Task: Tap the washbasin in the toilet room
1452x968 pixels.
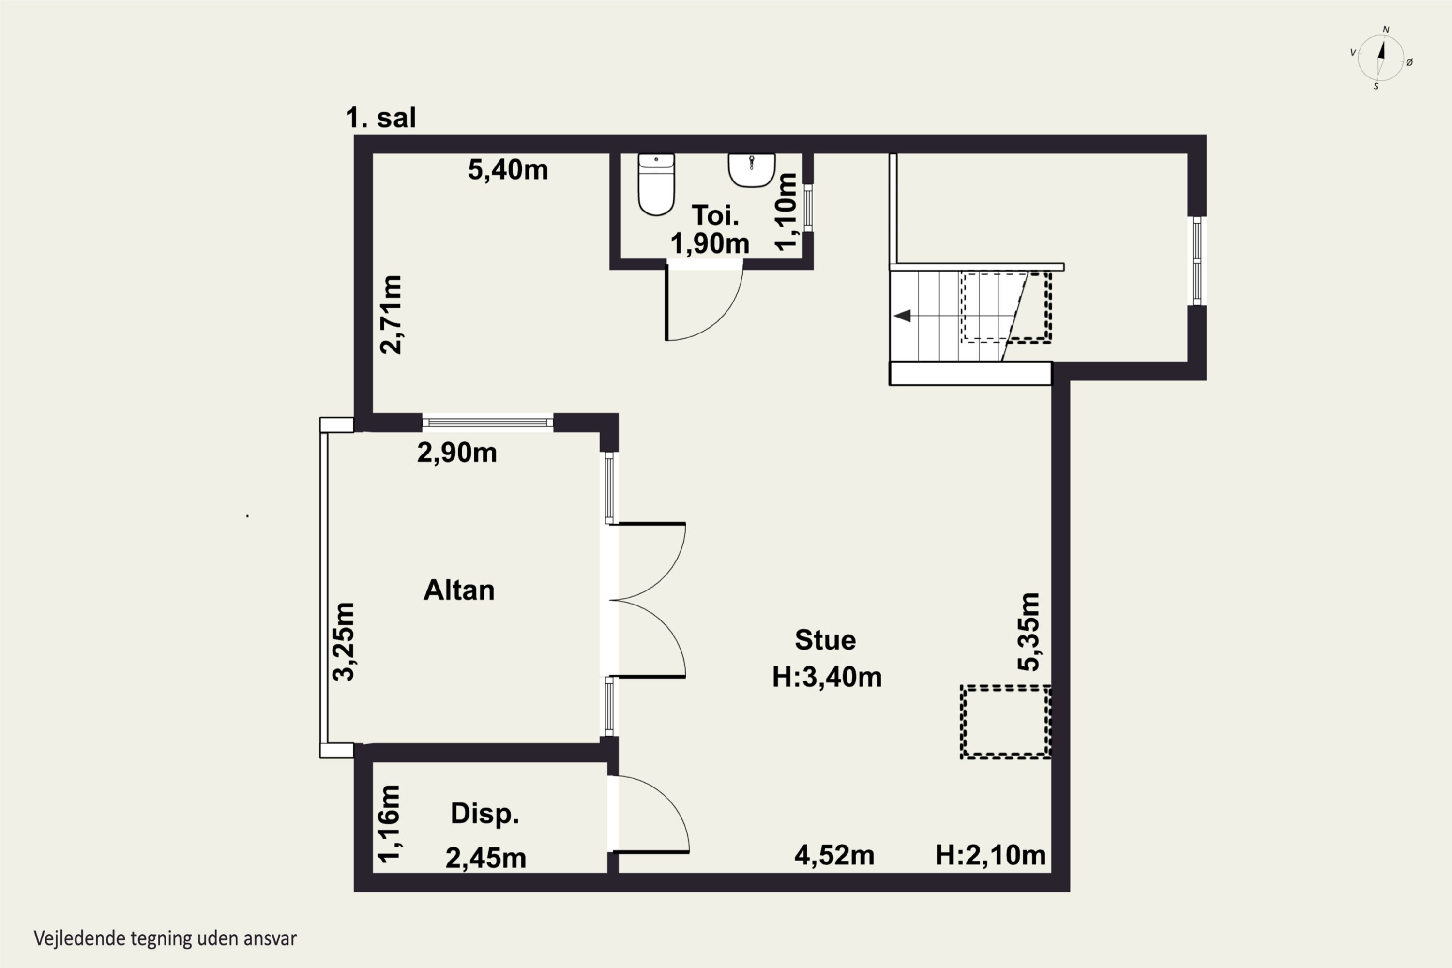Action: click(x=751, y=170)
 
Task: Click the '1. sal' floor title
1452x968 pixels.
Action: click(x=380, y=117)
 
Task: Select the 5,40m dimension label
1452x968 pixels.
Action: click(x=507, y=170)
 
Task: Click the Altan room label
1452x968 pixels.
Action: click(x=459, y=590)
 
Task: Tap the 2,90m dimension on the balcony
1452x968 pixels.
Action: click(x=457, y=453)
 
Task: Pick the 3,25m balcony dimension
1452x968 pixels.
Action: click(x=344, y=641)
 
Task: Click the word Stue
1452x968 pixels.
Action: click(x=825, y=640)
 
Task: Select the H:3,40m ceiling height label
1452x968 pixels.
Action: click(x=827, y=677)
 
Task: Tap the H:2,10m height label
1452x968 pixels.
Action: click(x=990, y=855)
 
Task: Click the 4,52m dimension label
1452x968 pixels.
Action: click(x=834, y=855)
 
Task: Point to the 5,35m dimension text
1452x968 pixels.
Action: click(x=1029, y=632)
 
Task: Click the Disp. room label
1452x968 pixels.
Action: click(x=484, y=814)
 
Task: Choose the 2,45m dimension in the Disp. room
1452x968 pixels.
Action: click(x=486, y=858)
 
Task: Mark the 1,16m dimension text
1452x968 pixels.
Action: click(x=390, y=824)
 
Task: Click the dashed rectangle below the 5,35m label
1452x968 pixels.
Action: click(x=1005, y=722)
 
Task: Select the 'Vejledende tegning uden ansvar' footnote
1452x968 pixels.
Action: click(x=166, y=939)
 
